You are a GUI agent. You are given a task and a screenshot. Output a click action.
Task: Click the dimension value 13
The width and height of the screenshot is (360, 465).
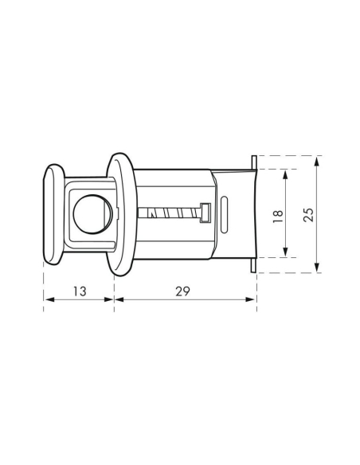tap(79, 291)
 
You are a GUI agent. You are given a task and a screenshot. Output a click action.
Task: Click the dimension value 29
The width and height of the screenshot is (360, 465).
tap(183, 291)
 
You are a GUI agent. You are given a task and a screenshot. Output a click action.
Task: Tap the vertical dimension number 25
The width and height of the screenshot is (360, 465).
tap(309, 213)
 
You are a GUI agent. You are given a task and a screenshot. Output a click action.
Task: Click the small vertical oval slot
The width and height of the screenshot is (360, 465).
tap(226, 213)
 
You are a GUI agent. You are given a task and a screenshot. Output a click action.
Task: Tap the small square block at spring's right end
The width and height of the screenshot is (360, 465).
tap(205, 213)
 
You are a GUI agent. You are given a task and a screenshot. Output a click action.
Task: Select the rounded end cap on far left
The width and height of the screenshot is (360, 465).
tap(52, 213)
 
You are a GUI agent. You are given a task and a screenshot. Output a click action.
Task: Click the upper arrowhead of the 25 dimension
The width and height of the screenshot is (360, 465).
tap(317, 159)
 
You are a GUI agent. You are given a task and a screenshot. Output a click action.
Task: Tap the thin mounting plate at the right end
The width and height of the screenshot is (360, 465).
tap(254, 213)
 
